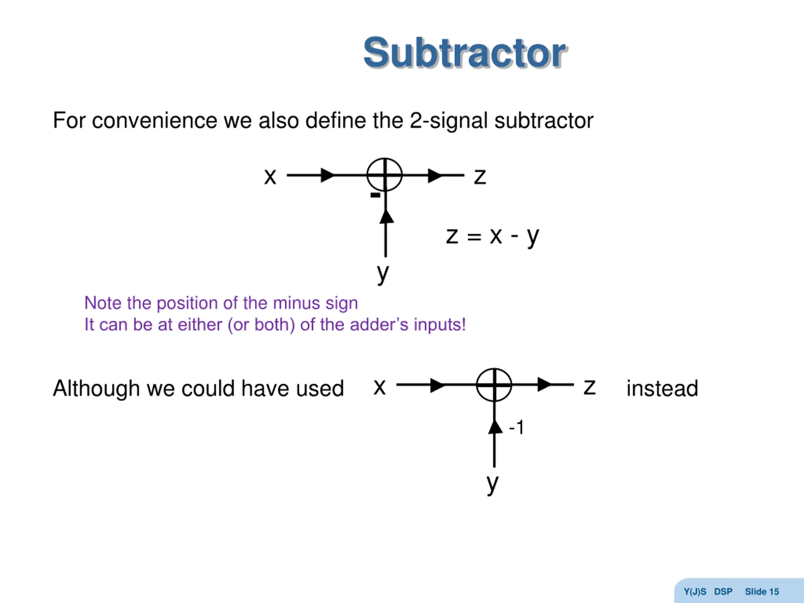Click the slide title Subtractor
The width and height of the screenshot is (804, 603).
coord(464,53)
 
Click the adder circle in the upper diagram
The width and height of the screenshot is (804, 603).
coord(384,175)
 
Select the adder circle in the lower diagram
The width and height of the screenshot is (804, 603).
coord(494,384)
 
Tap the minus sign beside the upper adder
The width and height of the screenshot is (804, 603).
coord(375,195)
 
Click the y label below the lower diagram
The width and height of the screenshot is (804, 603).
coord(492,484)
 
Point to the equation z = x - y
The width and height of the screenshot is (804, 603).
coord(492,236)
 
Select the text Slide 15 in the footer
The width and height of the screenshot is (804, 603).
coord(762,592)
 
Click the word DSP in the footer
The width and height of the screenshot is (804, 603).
coord(723,592)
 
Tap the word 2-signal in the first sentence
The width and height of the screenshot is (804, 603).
coord(448,121)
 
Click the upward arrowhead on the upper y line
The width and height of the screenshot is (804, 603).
coord(386,217)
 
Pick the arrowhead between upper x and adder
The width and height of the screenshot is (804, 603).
coord(328,175)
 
